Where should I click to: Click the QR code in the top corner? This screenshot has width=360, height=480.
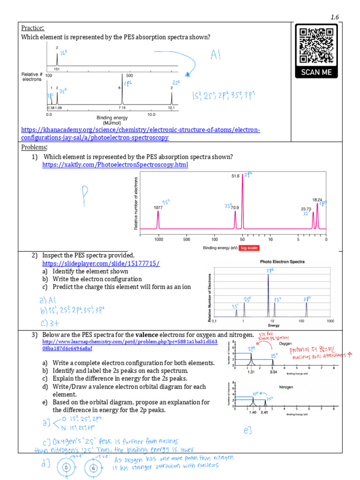pos(316,45)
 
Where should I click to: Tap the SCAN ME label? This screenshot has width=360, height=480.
pos(316,72)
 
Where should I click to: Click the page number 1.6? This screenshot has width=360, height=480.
pos(334,17)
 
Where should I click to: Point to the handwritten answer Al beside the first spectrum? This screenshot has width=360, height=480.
pos(215,56)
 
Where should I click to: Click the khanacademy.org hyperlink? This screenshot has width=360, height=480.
pos(140,134)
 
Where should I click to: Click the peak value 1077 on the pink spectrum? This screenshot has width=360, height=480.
pos(158,207)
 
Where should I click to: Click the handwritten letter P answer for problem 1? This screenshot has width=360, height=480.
pos(85,193)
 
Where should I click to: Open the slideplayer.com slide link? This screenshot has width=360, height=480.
pos(101,263)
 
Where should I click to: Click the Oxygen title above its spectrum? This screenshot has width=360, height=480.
pos(285,343)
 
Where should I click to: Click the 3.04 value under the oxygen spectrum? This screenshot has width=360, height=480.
pos(273,372)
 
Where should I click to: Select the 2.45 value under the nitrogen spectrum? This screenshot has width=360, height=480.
pos(265,412)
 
